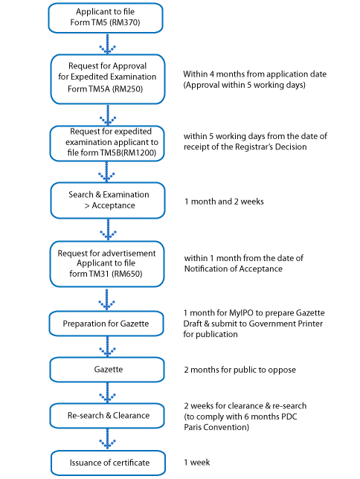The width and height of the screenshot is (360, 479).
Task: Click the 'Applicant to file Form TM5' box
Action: pos(106,18)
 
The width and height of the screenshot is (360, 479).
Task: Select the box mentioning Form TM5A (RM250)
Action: pos(108,79)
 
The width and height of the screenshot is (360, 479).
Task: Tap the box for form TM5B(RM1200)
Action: pos(107,144)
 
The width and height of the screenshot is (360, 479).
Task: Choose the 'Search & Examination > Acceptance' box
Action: pos(108,200)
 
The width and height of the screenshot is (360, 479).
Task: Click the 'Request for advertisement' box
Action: pos(107,264)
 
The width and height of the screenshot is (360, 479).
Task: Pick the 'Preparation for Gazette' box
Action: pos(106,324)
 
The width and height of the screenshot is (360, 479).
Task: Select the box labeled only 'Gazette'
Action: pos(107,370)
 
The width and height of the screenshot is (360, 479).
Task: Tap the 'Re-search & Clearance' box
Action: pos(107,416)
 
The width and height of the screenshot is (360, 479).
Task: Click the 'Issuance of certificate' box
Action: pos(108,463)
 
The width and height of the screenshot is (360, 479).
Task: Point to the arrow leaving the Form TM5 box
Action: pos(107,44)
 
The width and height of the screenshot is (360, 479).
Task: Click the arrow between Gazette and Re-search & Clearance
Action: pos(107,393)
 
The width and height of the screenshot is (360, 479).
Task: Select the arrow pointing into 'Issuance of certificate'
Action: pos(107,440)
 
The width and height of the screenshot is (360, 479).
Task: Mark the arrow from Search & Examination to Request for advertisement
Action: pos(108,230)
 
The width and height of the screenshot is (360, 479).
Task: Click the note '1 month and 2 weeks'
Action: pos(224,202)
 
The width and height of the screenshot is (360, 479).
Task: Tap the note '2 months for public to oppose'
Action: pos(240,370)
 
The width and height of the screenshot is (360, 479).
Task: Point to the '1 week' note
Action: pos(197,463)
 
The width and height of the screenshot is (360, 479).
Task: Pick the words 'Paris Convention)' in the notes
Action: pos(216,427)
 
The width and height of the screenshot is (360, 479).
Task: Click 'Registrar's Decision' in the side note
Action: pos(271,147)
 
